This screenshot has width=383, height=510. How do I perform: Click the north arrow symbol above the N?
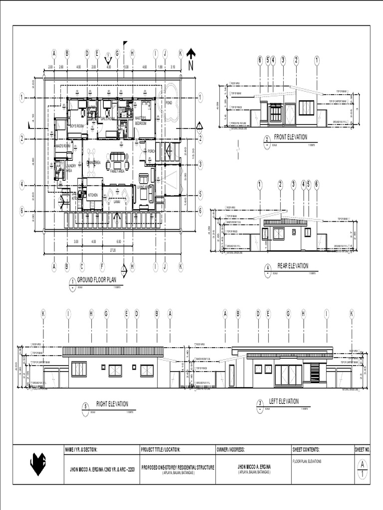191,53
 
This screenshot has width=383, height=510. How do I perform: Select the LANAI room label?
115,202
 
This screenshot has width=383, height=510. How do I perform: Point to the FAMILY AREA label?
117,171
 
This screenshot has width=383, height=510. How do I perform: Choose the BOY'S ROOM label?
76,127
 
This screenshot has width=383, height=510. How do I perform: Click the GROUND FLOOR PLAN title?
96,280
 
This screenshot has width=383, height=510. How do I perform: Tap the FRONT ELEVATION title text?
291,137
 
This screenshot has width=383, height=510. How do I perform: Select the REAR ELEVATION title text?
293,266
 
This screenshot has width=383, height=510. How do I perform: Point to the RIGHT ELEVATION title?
112,404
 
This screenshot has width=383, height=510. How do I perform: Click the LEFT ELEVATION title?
284,401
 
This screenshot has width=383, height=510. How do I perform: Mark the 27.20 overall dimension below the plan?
113,250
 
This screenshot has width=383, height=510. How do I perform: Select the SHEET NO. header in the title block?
362,449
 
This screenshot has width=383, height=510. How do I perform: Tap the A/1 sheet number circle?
362,468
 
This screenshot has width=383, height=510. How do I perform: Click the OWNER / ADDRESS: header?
231,449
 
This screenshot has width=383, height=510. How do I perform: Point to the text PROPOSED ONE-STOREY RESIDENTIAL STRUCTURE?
178,467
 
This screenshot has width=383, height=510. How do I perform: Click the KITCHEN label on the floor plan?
93,195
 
